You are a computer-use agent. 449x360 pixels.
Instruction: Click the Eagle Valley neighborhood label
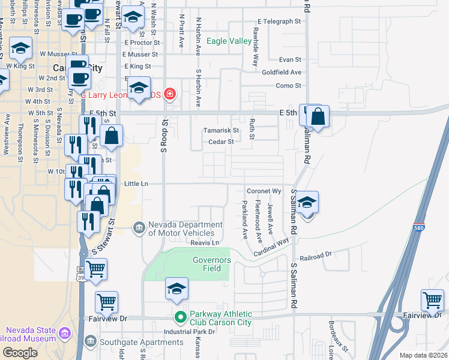click(x=229, y=41)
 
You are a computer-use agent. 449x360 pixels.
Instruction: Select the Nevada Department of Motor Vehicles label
click(x=181, y=229)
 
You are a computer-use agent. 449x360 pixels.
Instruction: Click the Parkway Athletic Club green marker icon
click(x=179, y=316)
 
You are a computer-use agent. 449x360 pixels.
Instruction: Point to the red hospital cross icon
click(x=170, y=94)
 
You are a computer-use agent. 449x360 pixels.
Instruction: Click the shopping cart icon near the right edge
click(x=432, y=300)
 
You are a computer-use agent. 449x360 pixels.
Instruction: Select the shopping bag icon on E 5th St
click(x=318, y=116)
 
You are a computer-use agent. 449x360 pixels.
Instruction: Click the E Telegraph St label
click(x=279, y=21)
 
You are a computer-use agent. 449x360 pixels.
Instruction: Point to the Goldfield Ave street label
click(x=282, y=72)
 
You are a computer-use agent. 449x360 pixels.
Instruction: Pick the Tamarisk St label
click(x=221, y=130)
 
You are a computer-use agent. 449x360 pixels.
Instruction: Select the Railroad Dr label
click(x=316, y=254)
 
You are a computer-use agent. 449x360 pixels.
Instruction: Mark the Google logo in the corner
click(x=20, y=353)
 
